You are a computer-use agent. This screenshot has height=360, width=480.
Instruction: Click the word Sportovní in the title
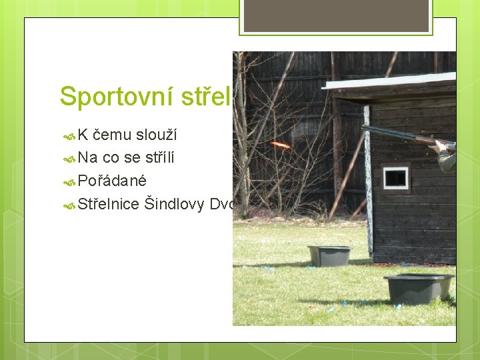(116, 96)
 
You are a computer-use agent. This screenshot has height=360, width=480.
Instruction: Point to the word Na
(87, 159)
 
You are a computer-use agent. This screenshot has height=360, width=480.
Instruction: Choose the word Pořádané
(112, 181)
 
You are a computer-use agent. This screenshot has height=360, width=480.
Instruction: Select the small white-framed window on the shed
(396, 177)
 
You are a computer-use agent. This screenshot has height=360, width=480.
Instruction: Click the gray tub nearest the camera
(418, 287)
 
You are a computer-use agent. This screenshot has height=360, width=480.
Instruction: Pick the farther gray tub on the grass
(329, 255)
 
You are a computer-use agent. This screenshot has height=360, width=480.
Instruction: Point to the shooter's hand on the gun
(441, 145)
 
